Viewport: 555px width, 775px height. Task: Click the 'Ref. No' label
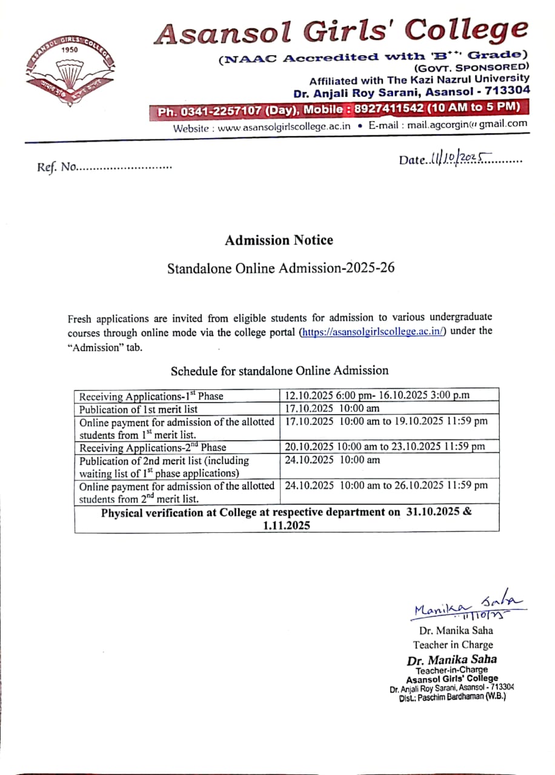coord(56,167)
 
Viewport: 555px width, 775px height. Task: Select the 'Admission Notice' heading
coord(279,240)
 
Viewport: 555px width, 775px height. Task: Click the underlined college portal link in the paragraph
coord(373,331)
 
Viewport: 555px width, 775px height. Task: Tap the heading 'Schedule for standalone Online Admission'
coord(279,370)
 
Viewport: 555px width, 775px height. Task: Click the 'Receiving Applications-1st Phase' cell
coord(151,397)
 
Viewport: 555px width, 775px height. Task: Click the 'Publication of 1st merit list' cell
coord(139,409)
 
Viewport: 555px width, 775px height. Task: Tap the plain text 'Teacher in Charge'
coord(453,645)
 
